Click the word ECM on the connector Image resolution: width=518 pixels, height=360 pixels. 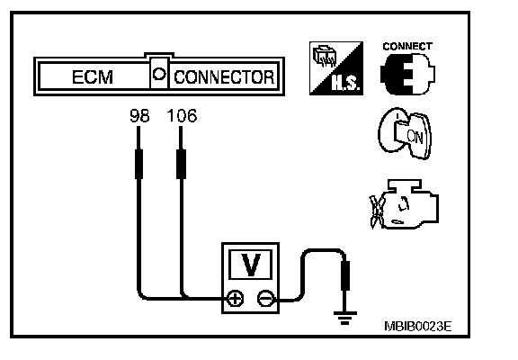93,77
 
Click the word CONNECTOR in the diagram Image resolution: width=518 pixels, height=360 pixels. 224,77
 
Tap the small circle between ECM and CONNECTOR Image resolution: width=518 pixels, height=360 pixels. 159,74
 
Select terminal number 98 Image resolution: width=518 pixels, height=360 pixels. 139,116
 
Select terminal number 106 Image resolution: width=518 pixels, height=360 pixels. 182,116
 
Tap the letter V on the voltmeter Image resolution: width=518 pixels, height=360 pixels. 251,265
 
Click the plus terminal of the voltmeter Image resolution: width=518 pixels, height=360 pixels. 235,299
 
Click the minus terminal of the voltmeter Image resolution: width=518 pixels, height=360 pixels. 265,299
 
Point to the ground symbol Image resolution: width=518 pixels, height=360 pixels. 345,318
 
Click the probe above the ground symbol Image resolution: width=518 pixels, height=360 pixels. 345,276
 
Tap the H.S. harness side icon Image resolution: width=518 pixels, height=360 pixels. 336,68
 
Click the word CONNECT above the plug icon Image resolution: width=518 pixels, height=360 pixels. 407,46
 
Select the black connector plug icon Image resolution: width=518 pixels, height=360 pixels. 407,74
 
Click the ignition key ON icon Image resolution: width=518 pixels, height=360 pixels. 405,133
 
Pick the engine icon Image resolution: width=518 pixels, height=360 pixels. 405,204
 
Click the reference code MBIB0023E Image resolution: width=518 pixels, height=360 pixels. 418,327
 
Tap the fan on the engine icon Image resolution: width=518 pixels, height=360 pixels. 376,211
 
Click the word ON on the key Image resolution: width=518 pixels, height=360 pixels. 415,136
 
